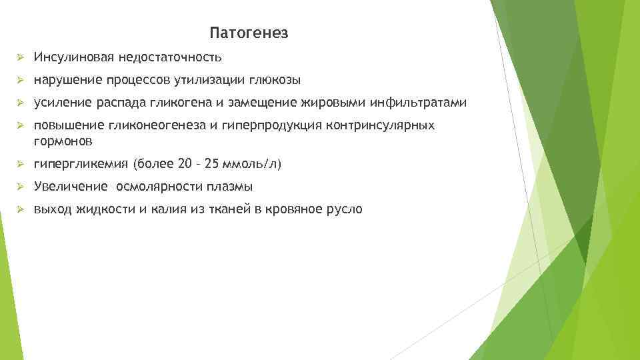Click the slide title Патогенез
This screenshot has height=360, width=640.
248,33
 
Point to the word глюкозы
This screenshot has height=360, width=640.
276,81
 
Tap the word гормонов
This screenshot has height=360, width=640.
63,141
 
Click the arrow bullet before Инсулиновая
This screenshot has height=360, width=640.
20,57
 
